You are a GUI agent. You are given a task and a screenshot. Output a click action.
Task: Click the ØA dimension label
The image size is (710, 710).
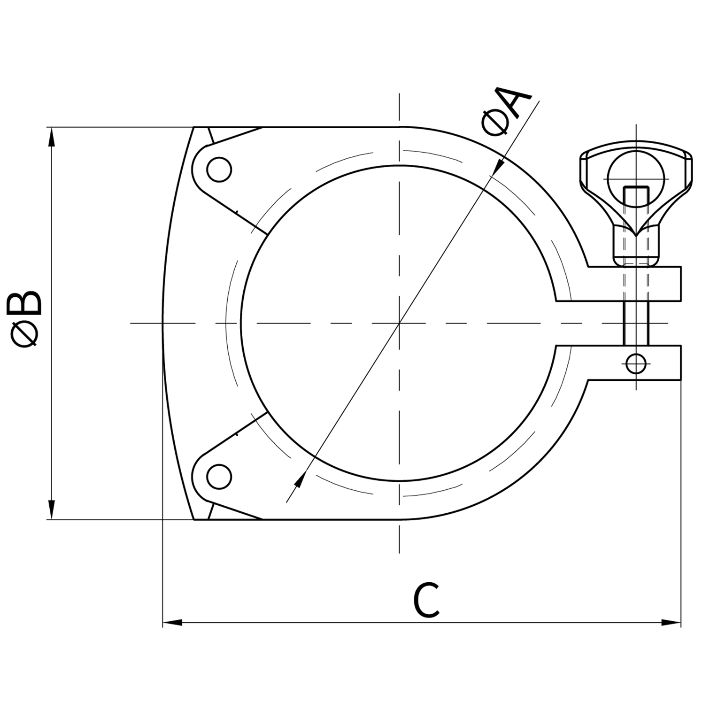(506, 111)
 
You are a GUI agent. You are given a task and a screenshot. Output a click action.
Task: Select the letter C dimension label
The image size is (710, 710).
(426, 600)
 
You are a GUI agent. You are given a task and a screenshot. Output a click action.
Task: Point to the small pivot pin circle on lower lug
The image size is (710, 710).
(636, 363)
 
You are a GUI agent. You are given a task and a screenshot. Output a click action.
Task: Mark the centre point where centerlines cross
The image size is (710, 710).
(400, 323)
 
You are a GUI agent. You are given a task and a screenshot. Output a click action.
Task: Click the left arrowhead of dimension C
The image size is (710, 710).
(172, 623)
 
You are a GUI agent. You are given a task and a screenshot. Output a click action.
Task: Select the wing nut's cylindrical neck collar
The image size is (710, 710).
(636, 244)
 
